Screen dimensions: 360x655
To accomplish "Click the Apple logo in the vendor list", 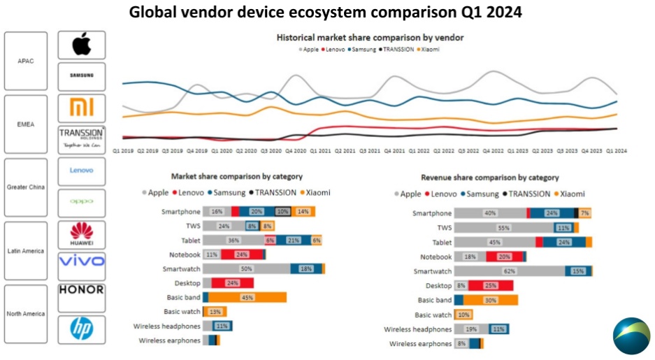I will pyautogui.click(x=82, y=45).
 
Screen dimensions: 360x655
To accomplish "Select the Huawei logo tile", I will pyautogui.click(x=82, y=236).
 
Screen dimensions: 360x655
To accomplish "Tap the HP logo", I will pyautogui.click(x=82, y=329).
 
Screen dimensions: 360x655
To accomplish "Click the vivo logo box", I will pyautogui.click(x=82, y=262).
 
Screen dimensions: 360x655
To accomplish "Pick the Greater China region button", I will pyautogui.click(x=25, y=187).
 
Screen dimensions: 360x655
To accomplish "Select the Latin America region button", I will pyautogui.click(x=25, y=250).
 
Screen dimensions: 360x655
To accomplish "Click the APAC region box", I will pyautogui.click(x=25, y=61).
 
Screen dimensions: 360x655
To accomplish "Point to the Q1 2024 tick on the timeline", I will pyautogui.click(x=615, y=150).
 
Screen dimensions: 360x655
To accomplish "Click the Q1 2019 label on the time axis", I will pyautogui.click(x=123, y=150).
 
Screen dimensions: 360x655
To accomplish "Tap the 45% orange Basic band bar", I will pyautogui.click(x=247, y=297).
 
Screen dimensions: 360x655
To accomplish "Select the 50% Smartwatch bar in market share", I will pyautogui.click(x=247, y=268).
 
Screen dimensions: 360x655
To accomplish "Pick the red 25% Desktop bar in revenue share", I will pyautogui.click(x=491, y=285).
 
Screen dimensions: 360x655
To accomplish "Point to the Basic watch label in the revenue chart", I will pyautogui.click(x=433, y=315).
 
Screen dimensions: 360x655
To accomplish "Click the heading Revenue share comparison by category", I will pyautogui.click(x=489, y=178).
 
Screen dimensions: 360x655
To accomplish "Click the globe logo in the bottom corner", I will pyautogui.click(x=631, y=336).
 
